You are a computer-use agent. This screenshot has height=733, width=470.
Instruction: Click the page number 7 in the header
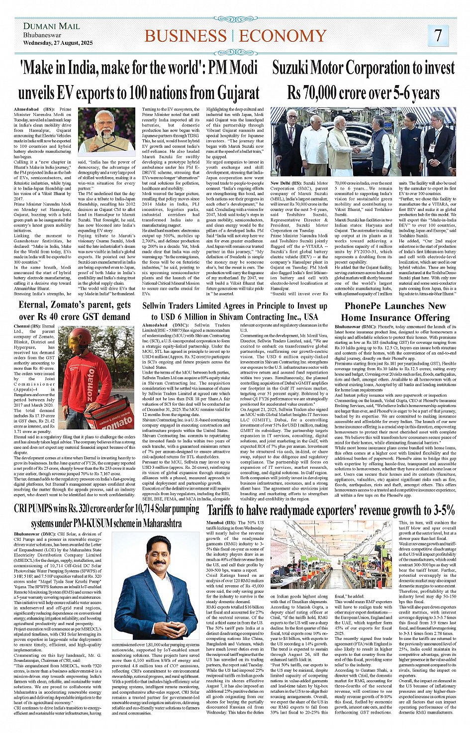[x=438, y=35]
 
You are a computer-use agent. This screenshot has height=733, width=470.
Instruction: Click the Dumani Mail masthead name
[x=51, y=26]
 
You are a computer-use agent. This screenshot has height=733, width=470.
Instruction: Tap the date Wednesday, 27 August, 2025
[x=58, y=43]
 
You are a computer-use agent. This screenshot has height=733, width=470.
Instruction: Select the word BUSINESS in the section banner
[x=186, y=36]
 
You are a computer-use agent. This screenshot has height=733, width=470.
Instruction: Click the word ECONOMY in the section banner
[x=282, y=36]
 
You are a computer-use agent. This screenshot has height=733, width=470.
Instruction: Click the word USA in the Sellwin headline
[x=311, y=317]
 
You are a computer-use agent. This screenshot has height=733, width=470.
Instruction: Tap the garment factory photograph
[x=332, y=555]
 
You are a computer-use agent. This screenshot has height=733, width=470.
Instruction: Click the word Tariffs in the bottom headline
[x=227, y=510]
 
